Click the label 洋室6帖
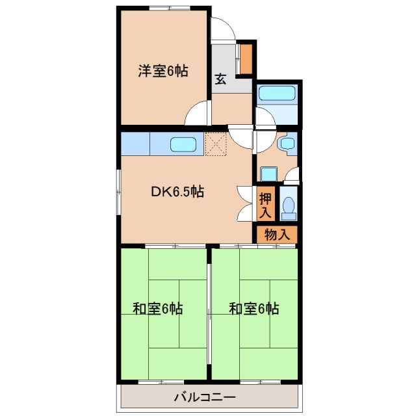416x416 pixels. [x=162, y=71]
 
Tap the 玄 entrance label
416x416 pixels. [x=220, y=80]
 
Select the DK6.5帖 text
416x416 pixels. [x=178, y=192]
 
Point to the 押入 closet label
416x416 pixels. [x=265, y=205]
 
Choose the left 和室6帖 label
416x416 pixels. [x=157, y=309]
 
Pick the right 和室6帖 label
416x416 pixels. [x=254, y=309]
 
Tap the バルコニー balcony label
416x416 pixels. [x=204, y=397]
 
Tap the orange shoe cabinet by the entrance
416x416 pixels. [x=246, y=58]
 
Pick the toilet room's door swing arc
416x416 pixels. [x=292, y=174]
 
